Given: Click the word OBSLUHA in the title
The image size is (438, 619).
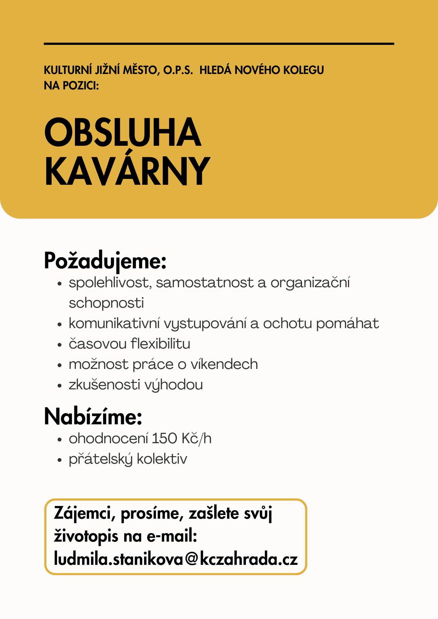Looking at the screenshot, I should click(x=123, y=132).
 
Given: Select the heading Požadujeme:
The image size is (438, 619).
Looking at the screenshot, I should click(x=105, y=261).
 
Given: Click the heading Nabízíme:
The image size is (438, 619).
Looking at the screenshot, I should click(x=93, y=417).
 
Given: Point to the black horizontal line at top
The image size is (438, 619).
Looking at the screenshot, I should click(x=219, y=44).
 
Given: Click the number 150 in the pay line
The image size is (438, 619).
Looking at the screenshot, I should click(x=164, y=439).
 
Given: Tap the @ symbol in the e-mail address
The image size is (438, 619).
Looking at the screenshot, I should click(x=192, y=559).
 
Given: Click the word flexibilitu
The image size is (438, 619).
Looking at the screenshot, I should click(x=160, y=344).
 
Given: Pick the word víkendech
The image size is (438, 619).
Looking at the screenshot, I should click(x=224, y=364).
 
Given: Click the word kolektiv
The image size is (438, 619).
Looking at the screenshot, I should click(x=162, y=459).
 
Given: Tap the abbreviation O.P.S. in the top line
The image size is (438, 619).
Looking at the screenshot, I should click(x=178, y=70).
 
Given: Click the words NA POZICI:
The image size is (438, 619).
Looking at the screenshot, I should click(x=71, y=86).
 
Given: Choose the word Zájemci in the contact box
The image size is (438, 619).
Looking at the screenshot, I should click(x=83, y=514).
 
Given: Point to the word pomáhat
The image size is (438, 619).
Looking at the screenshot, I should click(x=348, y=323).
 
